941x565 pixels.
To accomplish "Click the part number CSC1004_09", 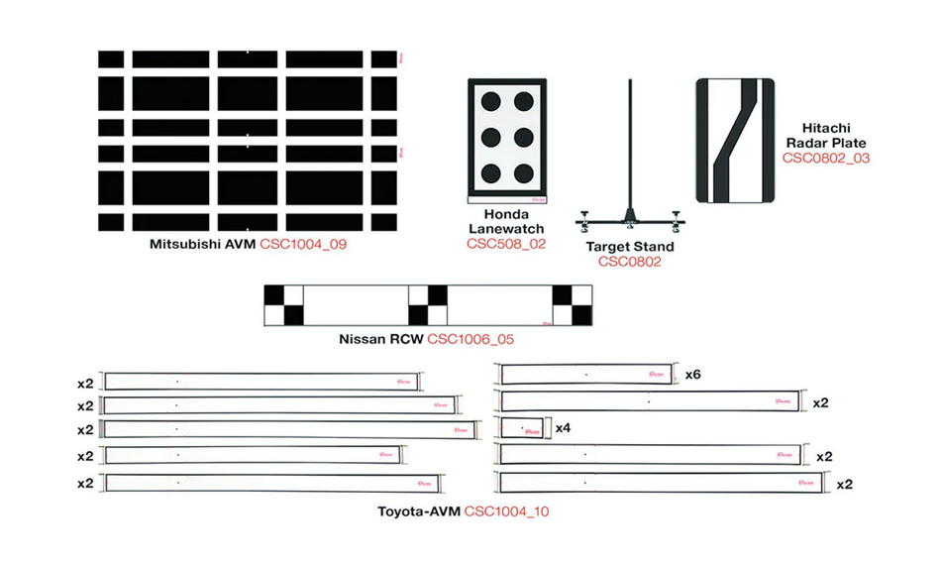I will [x=303, y=244].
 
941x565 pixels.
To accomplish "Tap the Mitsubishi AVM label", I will [x=203, y=244].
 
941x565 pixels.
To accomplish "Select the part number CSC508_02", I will [x=506, y=243].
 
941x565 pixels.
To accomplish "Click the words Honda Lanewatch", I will [x=506, y=221].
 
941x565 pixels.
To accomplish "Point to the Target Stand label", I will [x=629, y=246].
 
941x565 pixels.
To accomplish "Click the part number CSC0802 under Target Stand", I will [x=629, y=262].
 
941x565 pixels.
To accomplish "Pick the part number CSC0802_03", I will [x=826, y=158].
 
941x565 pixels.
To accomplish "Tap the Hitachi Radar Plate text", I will [x=826, y=136].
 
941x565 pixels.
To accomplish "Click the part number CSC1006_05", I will [x=470, y=339].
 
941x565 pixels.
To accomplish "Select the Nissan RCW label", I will [x=379, y=339].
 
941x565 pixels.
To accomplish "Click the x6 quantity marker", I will [x=694, y=375].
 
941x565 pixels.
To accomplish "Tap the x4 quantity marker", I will [x=564, y=428].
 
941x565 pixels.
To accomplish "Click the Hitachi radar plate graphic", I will [x=737, y=141].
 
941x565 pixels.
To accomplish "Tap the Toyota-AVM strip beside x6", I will [x=586, y=375].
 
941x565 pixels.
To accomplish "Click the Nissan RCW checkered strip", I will [x=429, y=305].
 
